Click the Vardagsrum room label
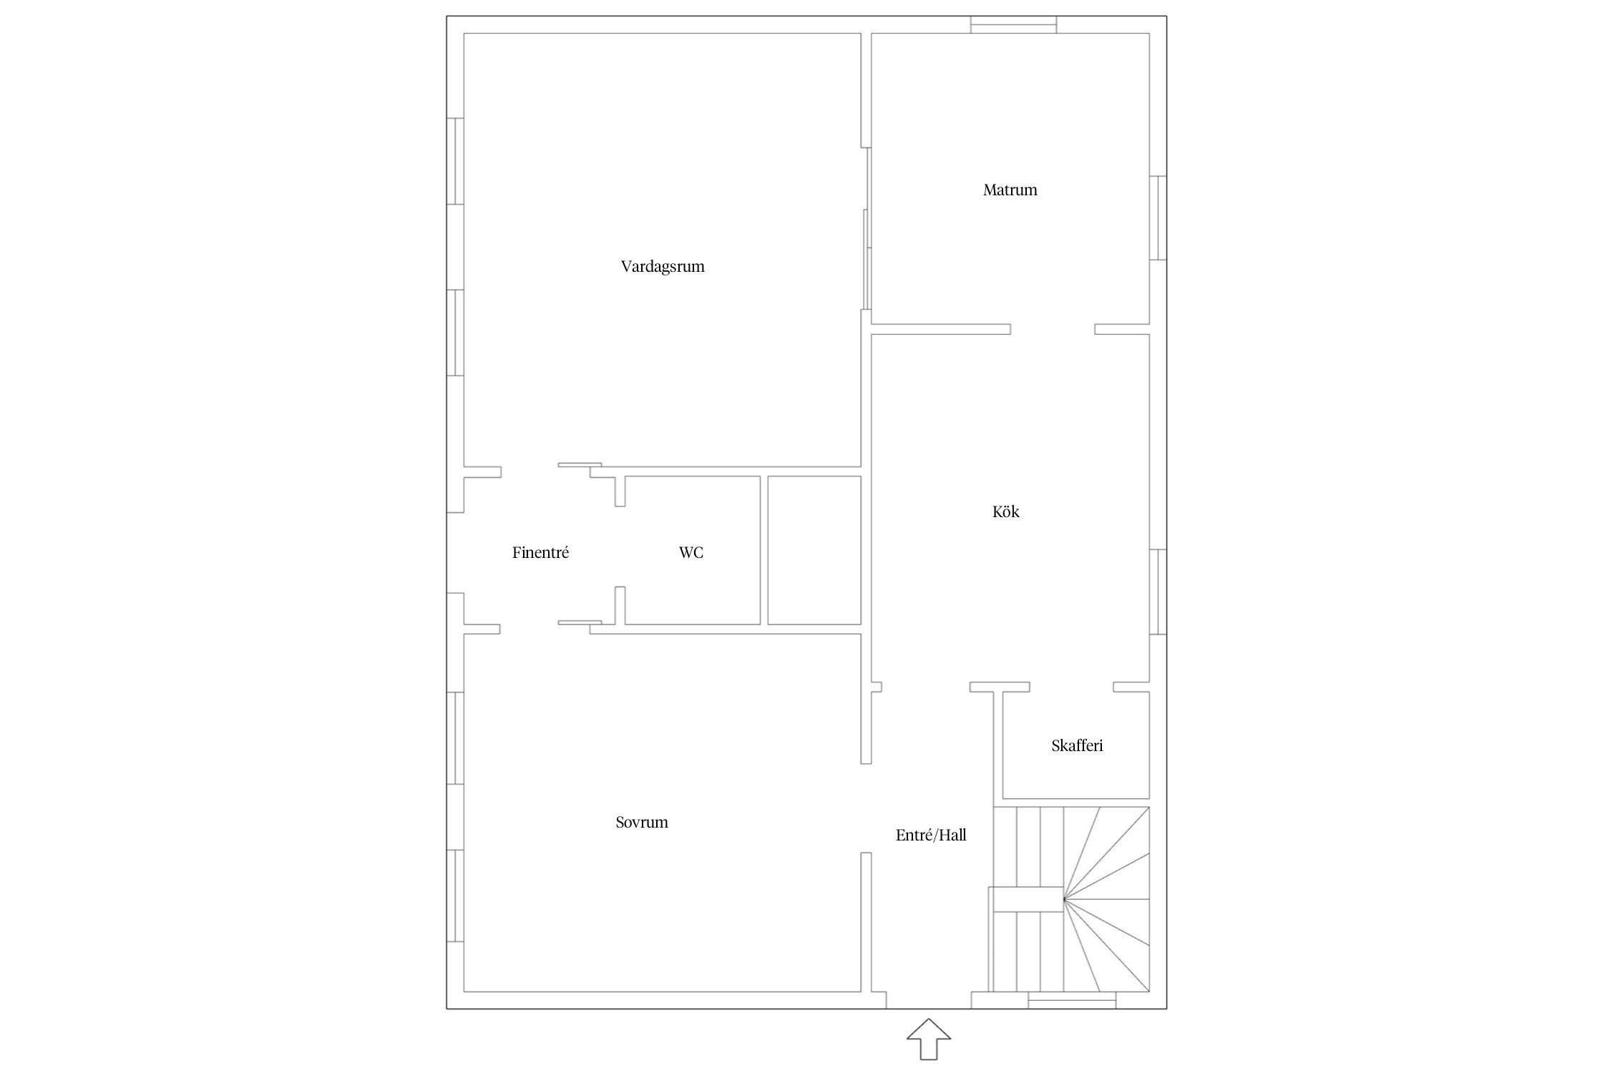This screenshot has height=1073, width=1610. point(663,267)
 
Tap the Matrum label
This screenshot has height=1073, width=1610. point(1010,190)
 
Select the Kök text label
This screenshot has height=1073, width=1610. point(1005,511)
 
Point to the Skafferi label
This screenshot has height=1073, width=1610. point(1077,745)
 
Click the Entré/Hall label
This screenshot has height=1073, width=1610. point(931,835)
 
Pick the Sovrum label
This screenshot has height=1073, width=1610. point(642,822)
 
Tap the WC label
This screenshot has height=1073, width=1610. point(691,552)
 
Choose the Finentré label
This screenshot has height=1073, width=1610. point(540,552)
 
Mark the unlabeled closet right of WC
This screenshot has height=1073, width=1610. point(814,550)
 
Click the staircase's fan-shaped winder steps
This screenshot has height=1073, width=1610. point(1106,899)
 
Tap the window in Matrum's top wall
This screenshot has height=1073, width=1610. point(1013,24)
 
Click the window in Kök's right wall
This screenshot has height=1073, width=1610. point(1158,592)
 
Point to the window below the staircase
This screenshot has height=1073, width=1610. point(1072,1000)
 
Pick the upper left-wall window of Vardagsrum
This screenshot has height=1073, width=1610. point(455,161)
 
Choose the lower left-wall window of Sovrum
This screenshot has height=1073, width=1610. point(455,896)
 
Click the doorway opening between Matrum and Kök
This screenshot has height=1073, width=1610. point(1053,329)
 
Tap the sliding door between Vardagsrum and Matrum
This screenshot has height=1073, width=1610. point(867,229)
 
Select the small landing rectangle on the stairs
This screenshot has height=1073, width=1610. point(1025,899)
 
